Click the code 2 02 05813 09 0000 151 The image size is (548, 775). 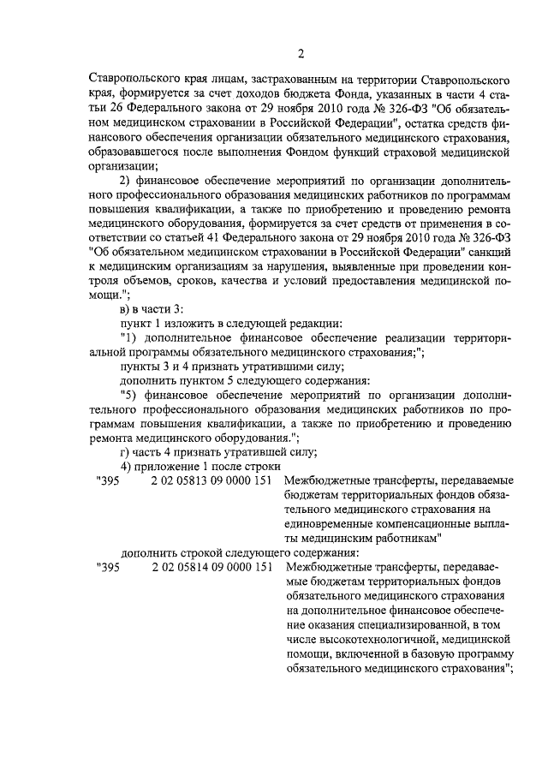tap(211, 482)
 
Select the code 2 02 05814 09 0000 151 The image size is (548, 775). tap(211, 567)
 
